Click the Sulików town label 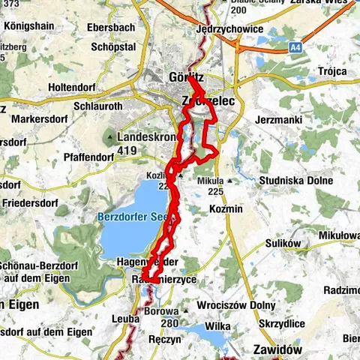click(283, 244)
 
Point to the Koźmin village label click(226, 208)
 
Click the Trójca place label click(331, 71)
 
